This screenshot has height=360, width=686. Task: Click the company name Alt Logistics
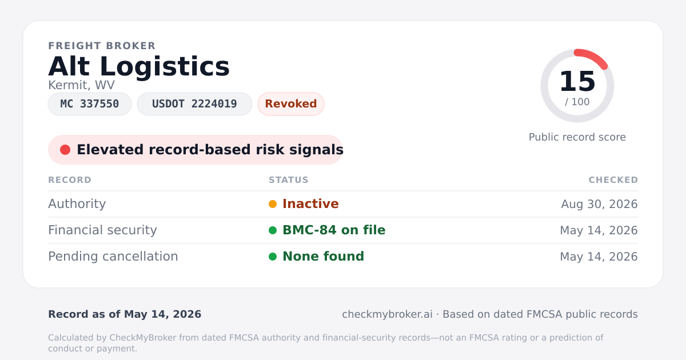click(139, 66)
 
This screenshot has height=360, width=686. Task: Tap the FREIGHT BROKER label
click(102, 46)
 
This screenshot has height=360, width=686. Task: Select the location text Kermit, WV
click(81, 85)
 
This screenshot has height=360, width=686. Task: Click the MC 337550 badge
click(90, 104)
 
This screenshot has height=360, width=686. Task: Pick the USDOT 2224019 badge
click(194, 104)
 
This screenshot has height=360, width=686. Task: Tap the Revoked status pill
click(291, 104)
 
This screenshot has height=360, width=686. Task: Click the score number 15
click(577, 81)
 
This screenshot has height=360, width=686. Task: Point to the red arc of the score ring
click(593, 56)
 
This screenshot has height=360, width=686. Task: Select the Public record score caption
click(577, 137)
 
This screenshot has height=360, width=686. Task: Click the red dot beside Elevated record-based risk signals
click(65, 150)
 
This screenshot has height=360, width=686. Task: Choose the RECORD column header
click(70, 179)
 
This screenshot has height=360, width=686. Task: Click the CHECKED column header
click(613, 179)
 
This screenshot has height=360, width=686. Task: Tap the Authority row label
click(77, 203)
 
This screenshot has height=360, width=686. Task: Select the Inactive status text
click(310, 203)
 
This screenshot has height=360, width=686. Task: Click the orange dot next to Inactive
click(273, 204)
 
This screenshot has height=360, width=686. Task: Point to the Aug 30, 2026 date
click(599, 204)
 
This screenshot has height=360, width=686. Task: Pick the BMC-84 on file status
click(334, 230)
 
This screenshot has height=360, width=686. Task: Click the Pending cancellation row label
click(113, 256)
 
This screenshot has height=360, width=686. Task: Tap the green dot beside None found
click(273, 257)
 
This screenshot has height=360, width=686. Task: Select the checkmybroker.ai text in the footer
click(388, 314)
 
